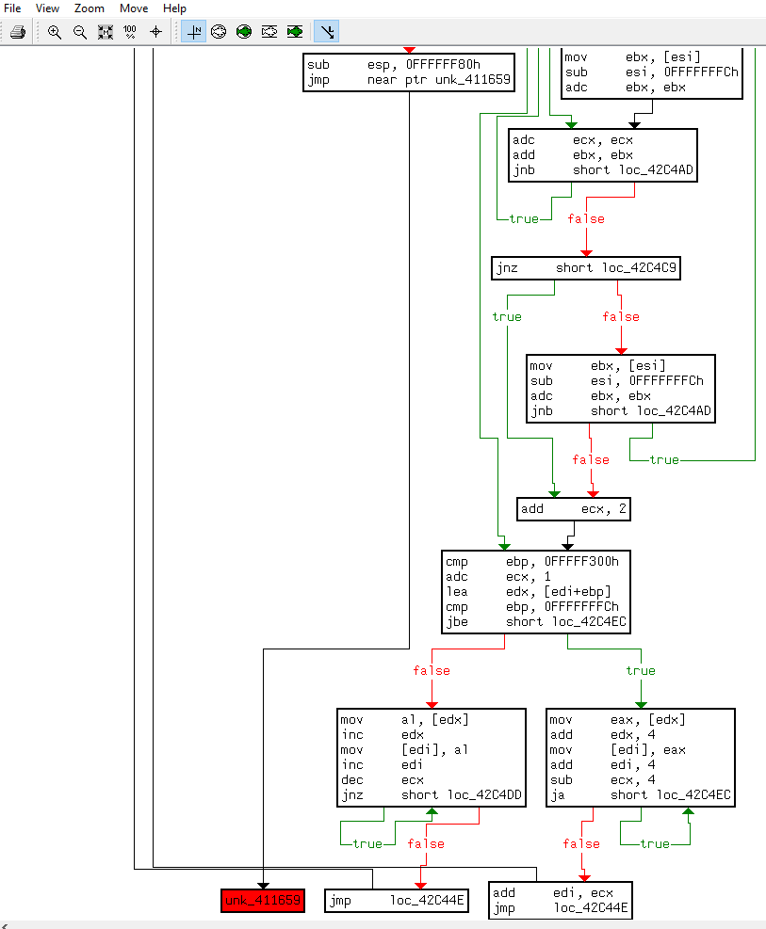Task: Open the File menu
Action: pyautogui.click(x=12, y=8)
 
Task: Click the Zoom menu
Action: pyautogui.click(x=90, y=8)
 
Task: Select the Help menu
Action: pyautogui.click(x=174, y=8)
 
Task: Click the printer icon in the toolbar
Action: pyautogui.click(x=18, y=32)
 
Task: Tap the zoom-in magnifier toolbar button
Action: pyautogui.click(x=55, y=32)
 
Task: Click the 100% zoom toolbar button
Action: pyautogui.click(x=130, y=32)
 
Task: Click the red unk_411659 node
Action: pyautogui.click(x=263, y=902)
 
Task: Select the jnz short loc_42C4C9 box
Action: pyautogui.click(x=586, y=268)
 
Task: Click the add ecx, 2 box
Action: pyautogui.click(x=574, y=509)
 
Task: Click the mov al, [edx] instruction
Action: pyautogui.click(x=404, y=720)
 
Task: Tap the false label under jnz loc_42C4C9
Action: pyautogui.click(x=620, y=316)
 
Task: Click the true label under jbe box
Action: pyautogui.click(x=640, y=670)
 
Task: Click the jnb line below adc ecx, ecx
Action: pyautogui.click(x=602, y=170)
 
